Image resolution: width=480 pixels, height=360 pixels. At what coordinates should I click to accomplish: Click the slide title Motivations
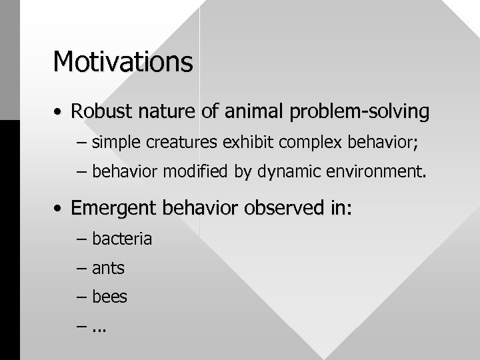click(x=123, y=62)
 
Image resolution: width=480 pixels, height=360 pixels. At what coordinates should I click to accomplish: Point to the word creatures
click(x=171, y=142)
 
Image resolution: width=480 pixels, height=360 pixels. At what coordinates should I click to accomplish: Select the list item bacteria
click(x=122, y=238)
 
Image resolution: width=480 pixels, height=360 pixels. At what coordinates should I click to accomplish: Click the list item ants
click(x=108, y=268)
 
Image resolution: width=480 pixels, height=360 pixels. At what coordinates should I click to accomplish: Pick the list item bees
click(x=109, y=297)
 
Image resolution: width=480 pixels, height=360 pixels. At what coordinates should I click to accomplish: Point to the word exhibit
click(x=227, y=142)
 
